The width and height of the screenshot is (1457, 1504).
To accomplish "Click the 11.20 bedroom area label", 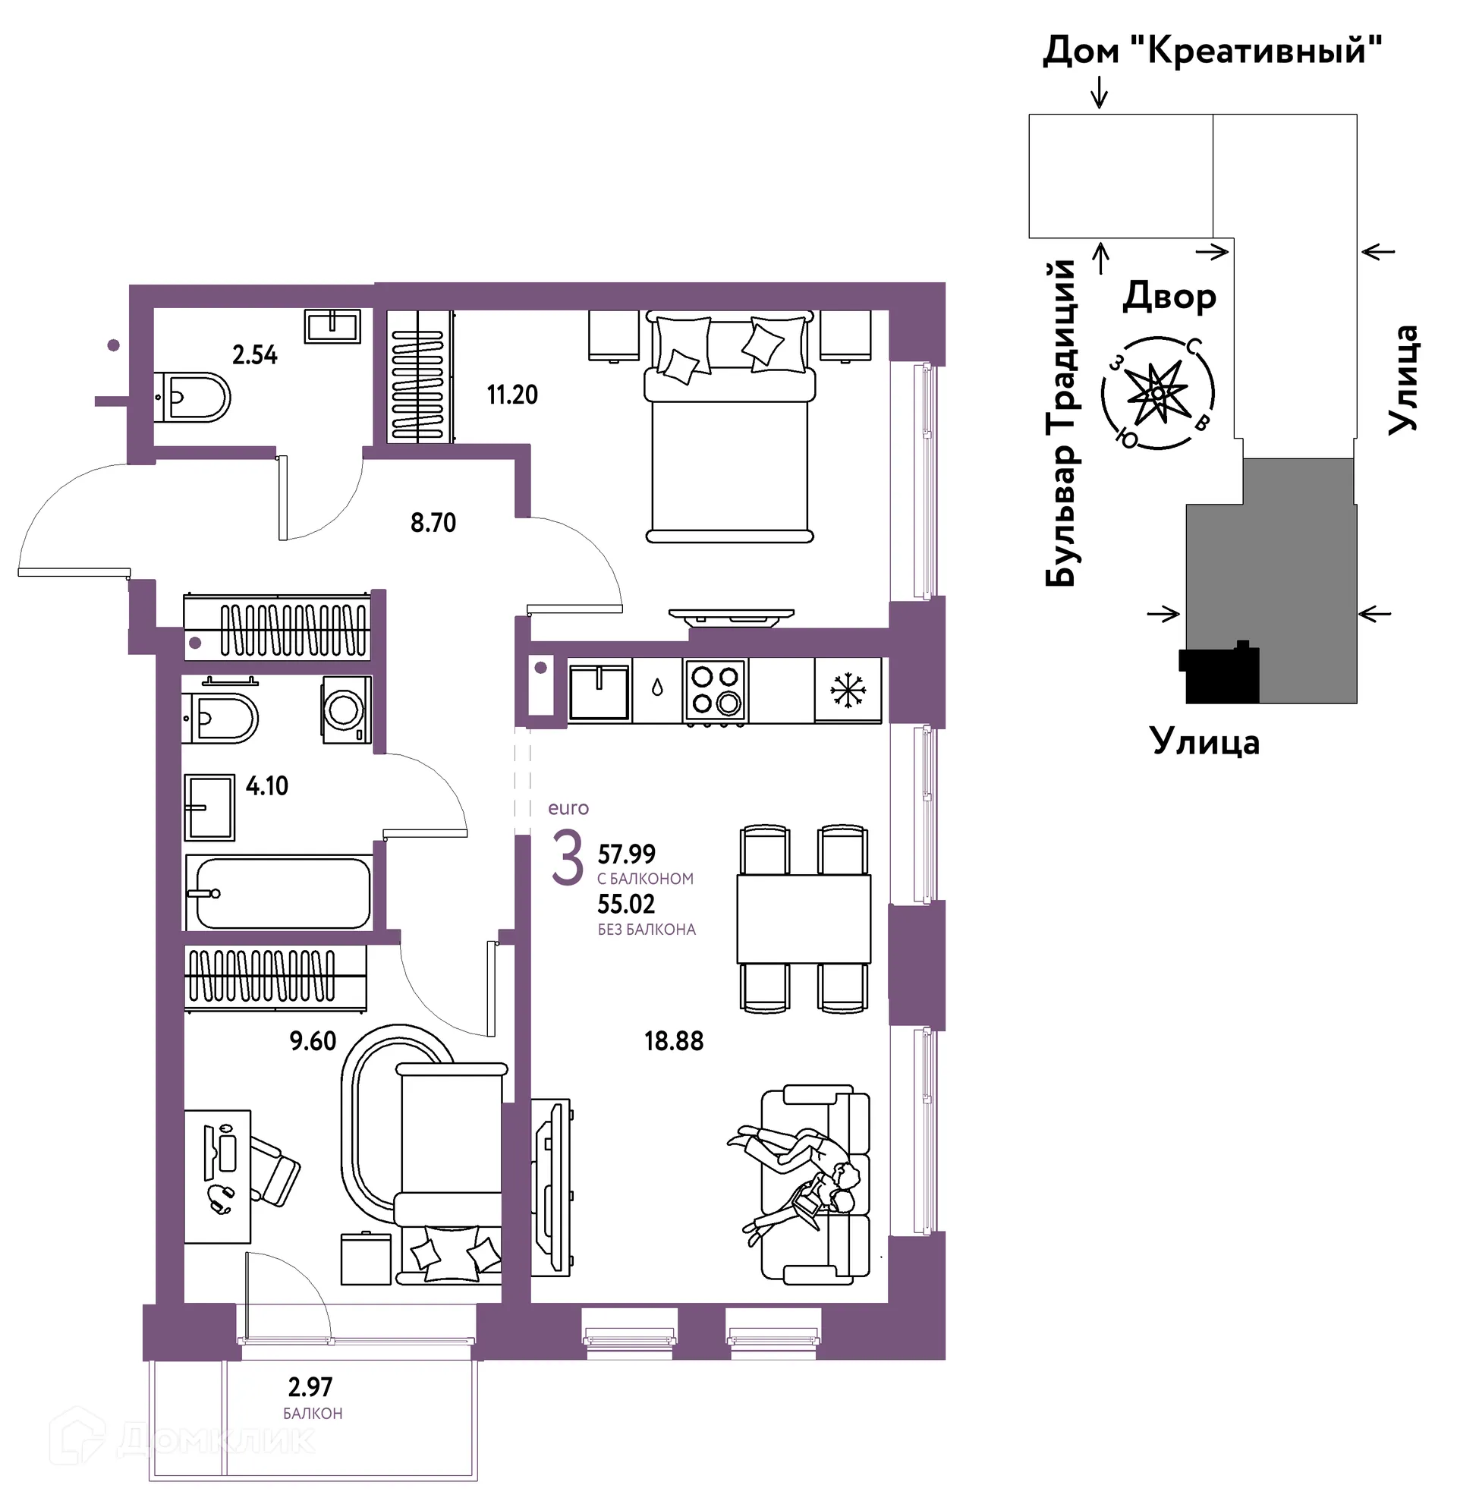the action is point(512,395).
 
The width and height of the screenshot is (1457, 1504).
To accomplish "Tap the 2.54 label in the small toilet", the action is point(255,354).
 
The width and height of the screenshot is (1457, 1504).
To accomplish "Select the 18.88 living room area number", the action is point(674,1041).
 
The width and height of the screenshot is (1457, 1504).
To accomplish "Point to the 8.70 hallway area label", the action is point(433,523).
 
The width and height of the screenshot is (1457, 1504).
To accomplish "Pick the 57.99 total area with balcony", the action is point(626,854).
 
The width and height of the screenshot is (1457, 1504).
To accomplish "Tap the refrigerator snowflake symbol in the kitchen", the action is point(848,691).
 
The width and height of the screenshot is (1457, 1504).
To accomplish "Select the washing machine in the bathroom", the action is point(346,710).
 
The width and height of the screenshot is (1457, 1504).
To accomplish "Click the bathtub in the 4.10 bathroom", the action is point(279,893).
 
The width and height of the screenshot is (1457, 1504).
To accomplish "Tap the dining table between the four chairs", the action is point(804,919).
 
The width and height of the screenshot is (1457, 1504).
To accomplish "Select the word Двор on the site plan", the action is point(1169,296).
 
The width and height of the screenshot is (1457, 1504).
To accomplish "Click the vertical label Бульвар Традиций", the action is point(1062,423).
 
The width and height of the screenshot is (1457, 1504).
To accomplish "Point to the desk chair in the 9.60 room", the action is point(275,1171).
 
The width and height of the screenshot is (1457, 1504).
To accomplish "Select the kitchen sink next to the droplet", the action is point(599,691).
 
